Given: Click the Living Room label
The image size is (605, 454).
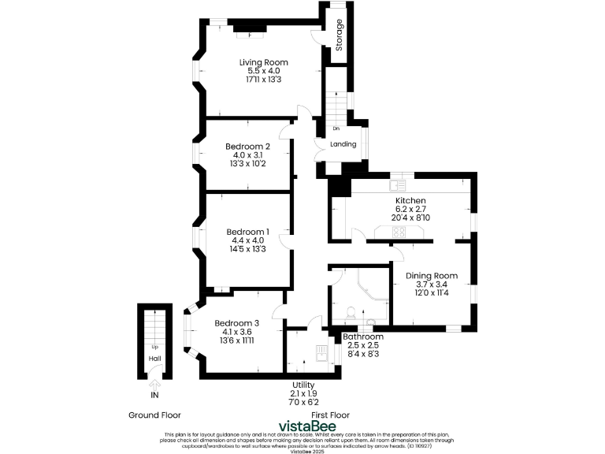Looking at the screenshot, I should (264, 62).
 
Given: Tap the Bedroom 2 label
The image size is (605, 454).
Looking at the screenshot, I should (248, 147).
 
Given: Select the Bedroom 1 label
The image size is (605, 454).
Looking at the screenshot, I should (248, 232).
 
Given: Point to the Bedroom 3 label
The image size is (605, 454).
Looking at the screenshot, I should (237, 323).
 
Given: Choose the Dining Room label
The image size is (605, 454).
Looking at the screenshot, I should (432, 276).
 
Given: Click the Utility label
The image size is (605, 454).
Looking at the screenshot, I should (304, 384).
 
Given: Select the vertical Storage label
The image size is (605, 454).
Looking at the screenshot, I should (340, 35).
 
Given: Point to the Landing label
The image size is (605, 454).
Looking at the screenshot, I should (343, 144).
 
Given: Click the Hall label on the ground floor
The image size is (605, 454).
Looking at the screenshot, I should (155, 358).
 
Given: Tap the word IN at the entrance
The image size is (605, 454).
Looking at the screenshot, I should (155, 395).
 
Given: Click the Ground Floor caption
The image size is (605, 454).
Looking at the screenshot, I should (154, 415).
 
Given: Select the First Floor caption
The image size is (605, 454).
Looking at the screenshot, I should (331, 415).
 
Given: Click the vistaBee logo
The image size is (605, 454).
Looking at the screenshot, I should (302, 426).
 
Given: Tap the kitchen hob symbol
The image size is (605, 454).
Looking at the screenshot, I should (399, 232).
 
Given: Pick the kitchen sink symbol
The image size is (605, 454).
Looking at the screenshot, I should (401, 186).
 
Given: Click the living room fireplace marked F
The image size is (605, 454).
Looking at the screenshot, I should (251, 34).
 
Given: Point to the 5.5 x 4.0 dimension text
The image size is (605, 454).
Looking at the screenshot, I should (264, 71).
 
